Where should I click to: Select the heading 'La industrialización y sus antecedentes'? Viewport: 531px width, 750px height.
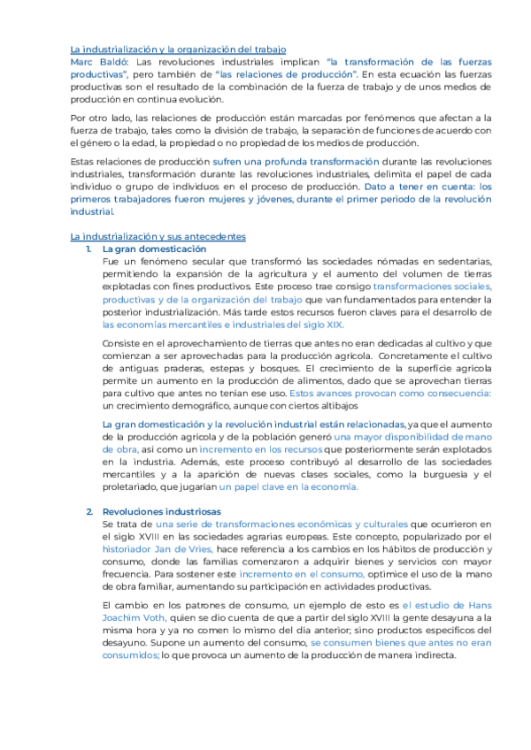pos(158,237)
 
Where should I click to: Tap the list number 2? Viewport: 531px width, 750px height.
pos(89,512)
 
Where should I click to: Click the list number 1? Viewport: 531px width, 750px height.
pos(89,250)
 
